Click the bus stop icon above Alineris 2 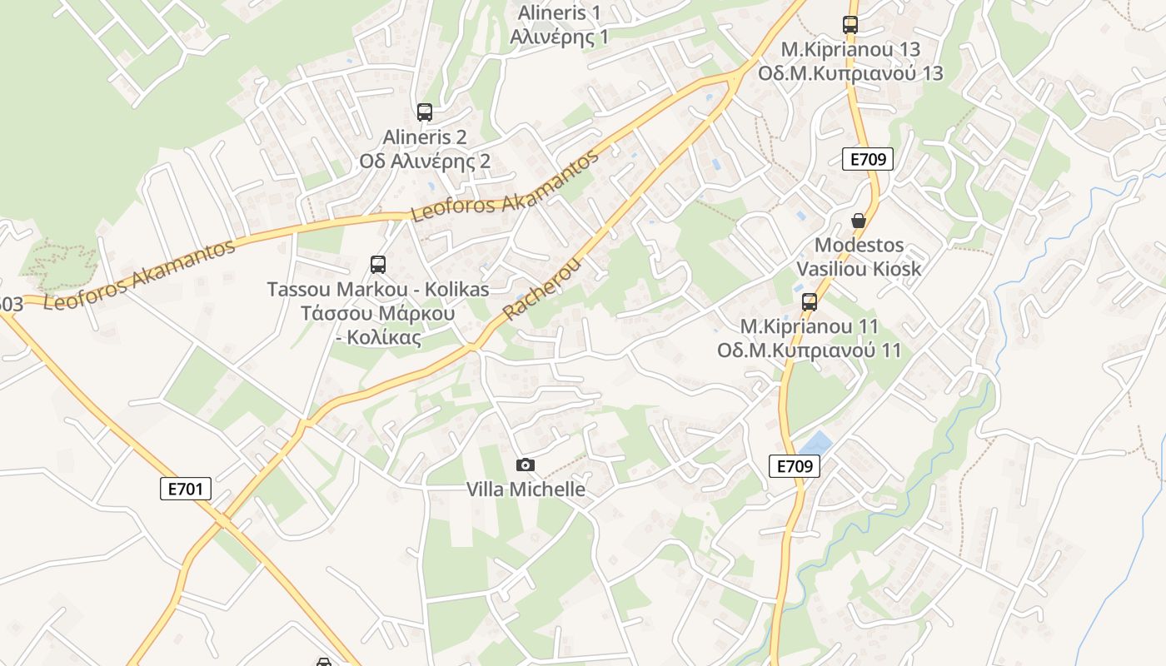pyautogui.click(x=425, y=112)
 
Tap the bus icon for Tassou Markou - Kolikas pyautogui.click(x=378, y=265)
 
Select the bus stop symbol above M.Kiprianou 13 pyautogui.click(x=850, y=25)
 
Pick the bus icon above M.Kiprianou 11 pyautogui.click(x=809, y=302)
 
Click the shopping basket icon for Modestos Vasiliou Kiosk pyautogui.click(x=859, y=221)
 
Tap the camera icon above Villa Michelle pyautogui.click(x=525, y=465)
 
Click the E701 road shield pyautogui.click(x=185, y=489)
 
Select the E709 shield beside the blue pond pyautogui.click(x=794, y=466)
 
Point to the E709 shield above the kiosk pyautogui.click(x=868, y=159)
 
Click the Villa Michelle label pyautogui.click(x=525, y=490)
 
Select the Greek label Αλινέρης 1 pyautogui.click(x=559, y=37)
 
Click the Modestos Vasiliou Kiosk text pyautogui.click(x=859, y=257)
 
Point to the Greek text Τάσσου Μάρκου pyautogui.click(x=377, y=314)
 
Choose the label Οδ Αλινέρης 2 pyautogui.click(x=425, y=162)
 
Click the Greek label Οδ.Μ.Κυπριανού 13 pyautogui.click(x=850, y=73)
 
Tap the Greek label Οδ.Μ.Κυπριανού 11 pyautogui.click(x=809, y=350)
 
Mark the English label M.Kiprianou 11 pyautogui.click(x=809, y=326)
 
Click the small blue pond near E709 pyautogui.click(x=815, y=443)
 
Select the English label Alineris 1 pyautogui.click(x=559, y=13)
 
